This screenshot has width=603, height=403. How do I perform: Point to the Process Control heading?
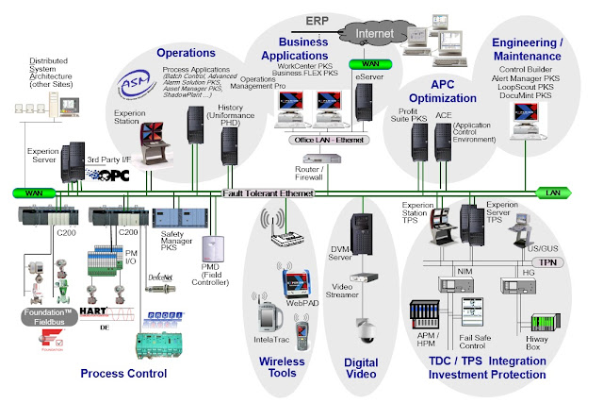[x=123, y=374]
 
